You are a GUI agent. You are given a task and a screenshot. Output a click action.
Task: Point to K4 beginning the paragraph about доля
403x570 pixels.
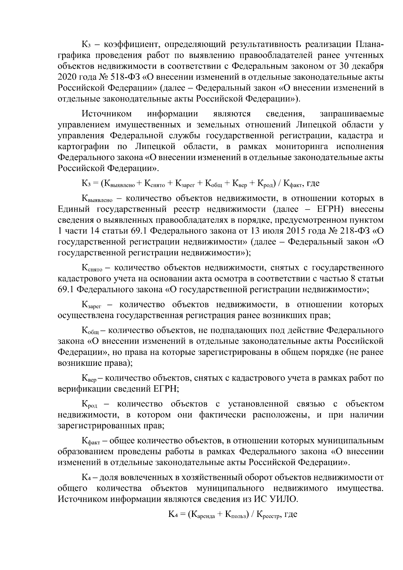pyautogui.click(x=86, y=477)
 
